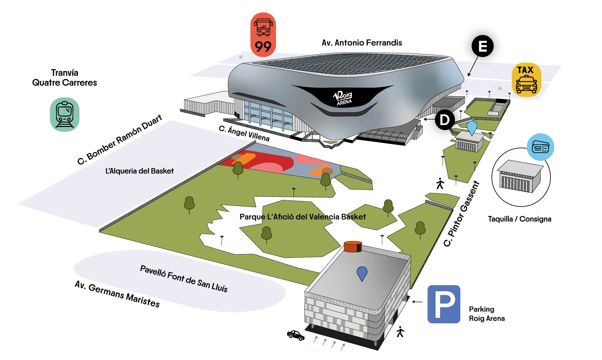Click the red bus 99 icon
(x=263, y=35)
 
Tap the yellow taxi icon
(x=526, y=80)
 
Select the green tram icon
(x=65, y=114)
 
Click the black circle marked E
(x=483, y=46)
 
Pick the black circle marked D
(x=445, y=120)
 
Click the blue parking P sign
(x=444, y=304)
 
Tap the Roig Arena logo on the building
(x=343, y=98)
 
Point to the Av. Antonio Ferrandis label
(x=362, y=43)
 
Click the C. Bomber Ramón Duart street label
(x=120, y=139)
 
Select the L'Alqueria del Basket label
(x=139, y=171)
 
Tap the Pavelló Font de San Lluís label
(x=184, y=279)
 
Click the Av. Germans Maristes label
(x=117, y=294)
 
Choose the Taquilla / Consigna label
(x=519, y=219)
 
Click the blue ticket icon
(x=540, y=147)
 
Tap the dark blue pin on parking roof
(x=362, y=273)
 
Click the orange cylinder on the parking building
(x=353, y=246)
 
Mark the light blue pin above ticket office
(x=472, y=127)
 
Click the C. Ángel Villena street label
(x=244, y=133)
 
